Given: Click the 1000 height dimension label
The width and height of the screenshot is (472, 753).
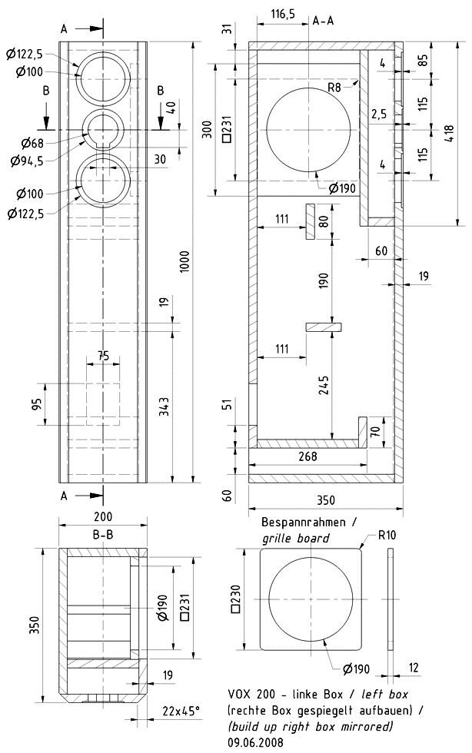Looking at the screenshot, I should click(x=182, y=264).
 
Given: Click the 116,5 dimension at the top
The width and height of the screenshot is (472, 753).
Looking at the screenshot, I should click(x=283, y=13).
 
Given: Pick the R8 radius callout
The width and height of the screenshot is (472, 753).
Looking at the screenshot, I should click(x=334, y=88).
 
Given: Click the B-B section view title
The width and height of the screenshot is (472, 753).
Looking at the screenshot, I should click(x=104, y=533).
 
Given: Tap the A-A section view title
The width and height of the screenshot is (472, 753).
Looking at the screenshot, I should click(x=323, y=21).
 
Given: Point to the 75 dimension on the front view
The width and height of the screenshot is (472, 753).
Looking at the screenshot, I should click(x=103, y=355).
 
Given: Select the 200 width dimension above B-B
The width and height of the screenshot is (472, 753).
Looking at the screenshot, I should click(x=103, y=517).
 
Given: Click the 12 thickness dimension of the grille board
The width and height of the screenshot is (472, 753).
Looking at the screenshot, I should click(x=414, y=668).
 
